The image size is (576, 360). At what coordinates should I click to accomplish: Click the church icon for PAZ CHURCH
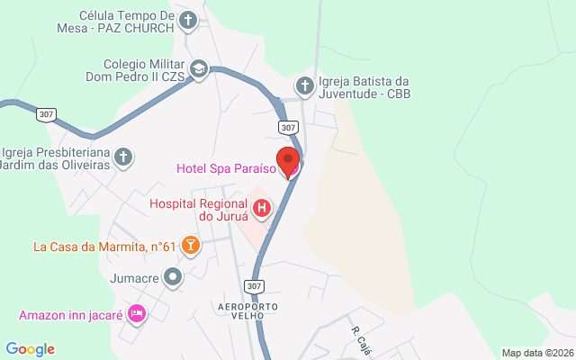coord(188,20)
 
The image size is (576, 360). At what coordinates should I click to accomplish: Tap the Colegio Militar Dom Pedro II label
coord(144,71)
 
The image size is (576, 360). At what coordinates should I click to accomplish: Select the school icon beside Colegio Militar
coord(198,68)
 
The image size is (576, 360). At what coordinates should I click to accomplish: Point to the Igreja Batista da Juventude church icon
coord(305,87)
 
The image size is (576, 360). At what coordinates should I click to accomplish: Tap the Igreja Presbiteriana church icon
coord(124,157)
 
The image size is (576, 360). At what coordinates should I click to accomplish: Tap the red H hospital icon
coord(262,210)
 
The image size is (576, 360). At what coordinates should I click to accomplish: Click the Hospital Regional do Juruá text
coord(199,210)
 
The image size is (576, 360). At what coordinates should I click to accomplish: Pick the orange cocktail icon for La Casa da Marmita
coord(190,246)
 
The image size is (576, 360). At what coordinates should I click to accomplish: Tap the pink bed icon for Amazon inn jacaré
coord(137,314)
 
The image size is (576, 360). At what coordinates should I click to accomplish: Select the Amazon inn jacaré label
coord(71,315)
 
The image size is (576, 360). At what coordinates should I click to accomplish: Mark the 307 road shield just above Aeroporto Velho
coord(255,286)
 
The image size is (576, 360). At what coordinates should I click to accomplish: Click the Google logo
coord(30,349)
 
